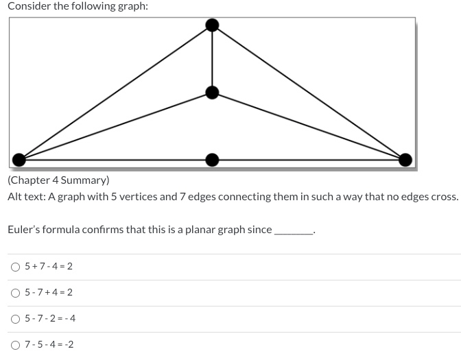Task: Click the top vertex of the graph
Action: coord(213,25)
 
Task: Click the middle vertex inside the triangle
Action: coord(213,92)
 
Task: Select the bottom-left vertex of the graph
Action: coord(20,160)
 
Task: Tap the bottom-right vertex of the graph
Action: coord(405,160)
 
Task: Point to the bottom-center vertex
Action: coord(213,160)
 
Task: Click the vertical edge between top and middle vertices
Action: coord(213,59)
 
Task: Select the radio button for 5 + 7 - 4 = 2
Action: coord(15,267)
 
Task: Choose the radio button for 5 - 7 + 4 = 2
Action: coord(15,293)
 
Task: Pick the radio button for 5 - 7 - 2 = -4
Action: coord(15,319)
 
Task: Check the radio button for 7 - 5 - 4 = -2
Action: coord(15,344)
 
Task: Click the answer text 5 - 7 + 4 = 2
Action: coord(49,293)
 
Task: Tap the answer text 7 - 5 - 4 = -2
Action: coord(49,344)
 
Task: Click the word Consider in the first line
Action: coord(28,6)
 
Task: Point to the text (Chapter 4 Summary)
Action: coord(58,180)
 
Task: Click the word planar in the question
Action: coord(178,229)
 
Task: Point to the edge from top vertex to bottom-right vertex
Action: coord(309,93)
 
